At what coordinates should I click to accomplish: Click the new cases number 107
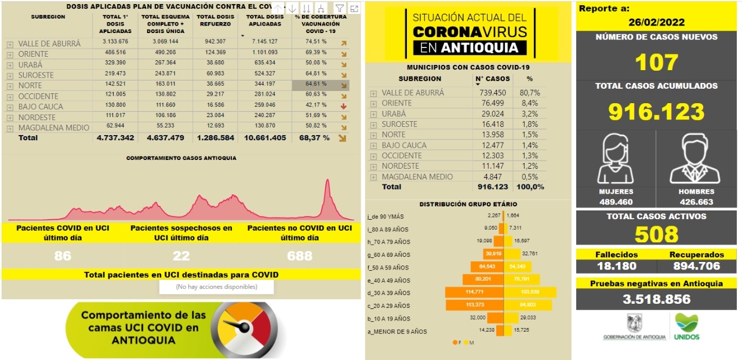pos(656,62)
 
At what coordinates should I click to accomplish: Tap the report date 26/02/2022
pos(656,23)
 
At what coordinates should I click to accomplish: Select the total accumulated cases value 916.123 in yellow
pos(656,111)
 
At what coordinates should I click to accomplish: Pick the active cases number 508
pos(656,234)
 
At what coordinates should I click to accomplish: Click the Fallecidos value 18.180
pos(616,266)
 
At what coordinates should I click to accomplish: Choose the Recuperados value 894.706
pos(696,266)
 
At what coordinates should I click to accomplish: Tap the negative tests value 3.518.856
pos(656,299)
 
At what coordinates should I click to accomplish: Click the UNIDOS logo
pos(687,326)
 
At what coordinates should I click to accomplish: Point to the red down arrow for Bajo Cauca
pos(344,106)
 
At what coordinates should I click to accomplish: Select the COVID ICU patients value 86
pos(62,256)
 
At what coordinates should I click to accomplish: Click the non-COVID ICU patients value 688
pos(299,256)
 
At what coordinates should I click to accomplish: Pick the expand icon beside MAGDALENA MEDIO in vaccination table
pos(10,128)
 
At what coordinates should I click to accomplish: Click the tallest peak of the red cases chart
pos(328,181)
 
